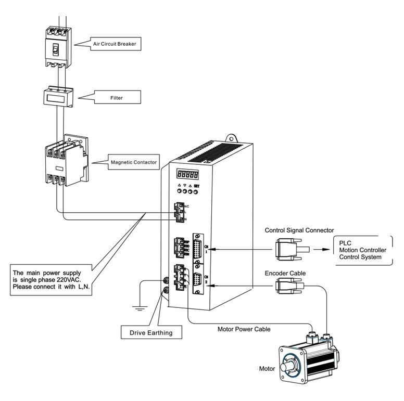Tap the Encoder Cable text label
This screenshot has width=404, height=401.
click(x=285, y=273)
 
